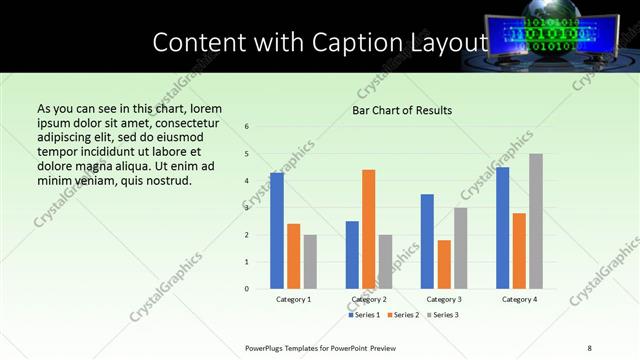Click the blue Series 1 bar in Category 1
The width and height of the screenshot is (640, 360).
[277, 231]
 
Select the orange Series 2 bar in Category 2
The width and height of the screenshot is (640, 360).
[368, 229]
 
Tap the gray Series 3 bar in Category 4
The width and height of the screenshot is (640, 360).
[536, 221]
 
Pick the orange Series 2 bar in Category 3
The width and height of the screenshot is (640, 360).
[444, 264]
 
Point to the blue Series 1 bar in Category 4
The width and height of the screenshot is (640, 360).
[502, 228]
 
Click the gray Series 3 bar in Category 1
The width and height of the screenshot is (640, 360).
[310, 262]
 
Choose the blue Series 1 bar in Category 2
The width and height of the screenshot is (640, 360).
[352, 255]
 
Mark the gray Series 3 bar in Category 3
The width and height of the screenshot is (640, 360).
[460, 248]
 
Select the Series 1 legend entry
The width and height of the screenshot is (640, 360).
[364, 316]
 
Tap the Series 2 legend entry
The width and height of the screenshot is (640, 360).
[402, 316]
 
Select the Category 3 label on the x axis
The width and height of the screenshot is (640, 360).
[444, 299]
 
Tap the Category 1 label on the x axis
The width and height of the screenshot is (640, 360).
[293, 299]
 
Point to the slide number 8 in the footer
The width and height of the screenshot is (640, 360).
[589, 348]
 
